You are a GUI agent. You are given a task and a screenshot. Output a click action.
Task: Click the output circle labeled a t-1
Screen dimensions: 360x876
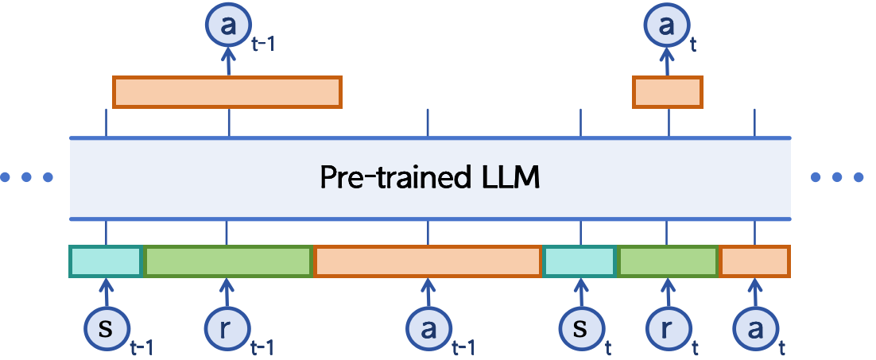coord(228,26)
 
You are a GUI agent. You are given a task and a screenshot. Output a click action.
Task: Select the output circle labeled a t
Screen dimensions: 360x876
coord(667,26)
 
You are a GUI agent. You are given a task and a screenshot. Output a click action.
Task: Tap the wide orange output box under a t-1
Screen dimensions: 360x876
coord(227,92)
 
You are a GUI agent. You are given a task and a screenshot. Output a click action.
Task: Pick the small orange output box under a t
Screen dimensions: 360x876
coord(668,92)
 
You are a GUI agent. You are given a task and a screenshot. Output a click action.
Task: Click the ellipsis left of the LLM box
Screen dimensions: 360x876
coord(26,177)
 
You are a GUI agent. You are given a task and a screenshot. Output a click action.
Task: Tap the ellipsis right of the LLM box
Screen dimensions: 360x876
coord(836,177)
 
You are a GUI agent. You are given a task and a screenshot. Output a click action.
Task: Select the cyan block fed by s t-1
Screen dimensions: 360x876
coord(106,262)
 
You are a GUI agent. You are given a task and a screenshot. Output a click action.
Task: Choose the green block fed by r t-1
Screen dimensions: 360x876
coord(227,262)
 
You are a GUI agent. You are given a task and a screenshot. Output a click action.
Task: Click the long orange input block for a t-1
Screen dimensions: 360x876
coord(428,262)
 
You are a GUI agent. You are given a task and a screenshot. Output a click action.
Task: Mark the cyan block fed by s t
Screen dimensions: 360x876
coord(579,262)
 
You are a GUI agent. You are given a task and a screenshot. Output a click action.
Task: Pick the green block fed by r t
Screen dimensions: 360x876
coord(668,262)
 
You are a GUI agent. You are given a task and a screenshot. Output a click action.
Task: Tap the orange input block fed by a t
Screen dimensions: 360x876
coord(754,262)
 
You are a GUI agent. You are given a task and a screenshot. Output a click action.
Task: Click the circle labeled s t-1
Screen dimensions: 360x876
coord(106,328)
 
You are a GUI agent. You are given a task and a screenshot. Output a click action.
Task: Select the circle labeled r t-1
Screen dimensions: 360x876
coord(227,328)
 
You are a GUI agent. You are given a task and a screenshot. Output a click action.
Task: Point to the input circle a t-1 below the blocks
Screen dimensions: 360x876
coord(428,328)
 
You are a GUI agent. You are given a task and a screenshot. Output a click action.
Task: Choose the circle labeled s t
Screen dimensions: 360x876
coord(579,328)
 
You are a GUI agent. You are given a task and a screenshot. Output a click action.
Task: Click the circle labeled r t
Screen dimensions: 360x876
coord(667,328)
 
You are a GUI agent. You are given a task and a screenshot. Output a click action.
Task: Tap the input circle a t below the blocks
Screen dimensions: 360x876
coord(754,328)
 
